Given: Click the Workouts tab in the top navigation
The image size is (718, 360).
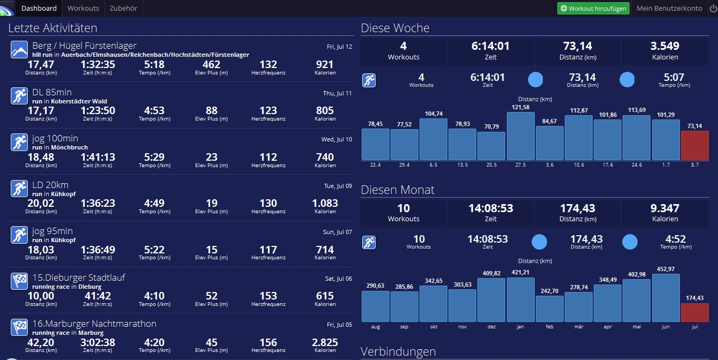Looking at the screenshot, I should point(83,8).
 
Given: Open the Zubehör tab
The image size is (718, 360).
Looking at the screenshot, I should point(123,8).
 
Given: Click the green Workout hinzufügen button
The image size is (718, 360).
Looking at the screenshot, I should point(593,9).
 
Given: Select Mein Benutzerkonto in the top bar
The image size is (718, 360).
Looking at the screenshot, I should point(669,9).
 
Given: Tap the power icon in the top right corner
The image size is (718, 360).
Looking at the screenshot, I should point(713,9).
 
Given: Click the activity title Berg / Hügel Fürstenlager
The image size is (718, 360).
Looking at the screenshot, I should point(84,46).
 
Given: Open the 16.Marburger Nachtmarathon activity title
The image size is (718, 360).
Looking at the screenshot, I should point(94,324).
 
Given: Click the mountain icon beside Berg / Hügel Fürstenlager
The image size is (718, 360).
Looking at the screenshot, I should point(19,50).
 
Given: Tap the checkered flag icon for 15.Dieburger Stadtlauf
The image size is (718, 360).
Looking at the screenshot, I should point(19,281).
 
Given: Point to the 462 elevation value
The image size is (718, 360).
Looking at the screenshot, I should point(212,65).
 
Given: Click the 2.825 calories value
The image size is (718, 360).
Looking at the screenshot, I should point(325,342).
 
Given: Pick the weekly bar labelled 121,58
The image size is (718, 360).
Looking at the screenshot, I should point(520,136).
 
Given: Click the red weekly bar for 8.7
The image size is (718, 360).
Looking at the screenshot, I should point(694,146).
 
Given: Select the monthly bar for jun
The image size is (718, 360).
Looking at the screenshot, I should point(665,298).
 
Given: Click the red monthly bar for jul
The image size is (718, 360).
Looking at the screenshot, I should point(694,312).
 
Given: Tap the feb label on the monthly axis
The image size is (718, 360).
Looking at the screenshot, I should point(549,326).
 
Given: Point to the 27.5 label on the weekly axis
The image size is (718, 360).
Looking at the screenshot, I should point(520,164).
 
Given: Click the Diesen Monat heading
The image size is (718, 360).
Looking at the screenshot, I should point(398,190).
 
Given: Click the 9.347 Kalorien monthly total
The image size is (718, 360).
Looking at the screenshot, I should point(665,212).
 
